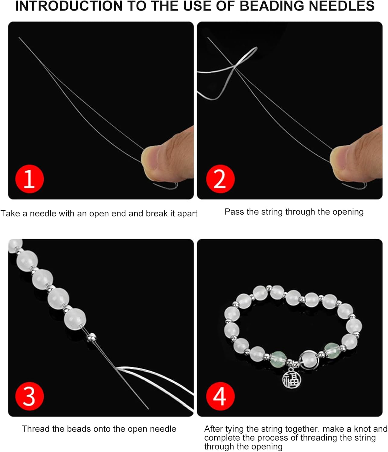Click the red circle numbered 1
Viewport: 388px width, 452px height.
coord(30,179)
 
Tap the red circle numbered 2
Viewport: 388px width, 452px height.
coord(220,179)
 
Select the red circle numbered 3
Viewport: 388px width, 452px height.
coord(30,396)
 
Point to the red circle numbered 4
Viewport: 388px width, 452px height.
coord(220,396)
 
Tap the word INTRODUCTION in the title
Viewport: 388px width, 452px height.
coord(69,6)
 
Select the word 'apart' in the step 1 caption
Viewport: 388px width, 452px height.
coord(187,214)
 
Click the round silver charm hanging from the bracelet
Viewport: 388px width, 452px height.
coord(291,379)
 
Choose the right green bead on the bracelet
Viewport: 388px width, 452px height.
coord(332,350)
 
